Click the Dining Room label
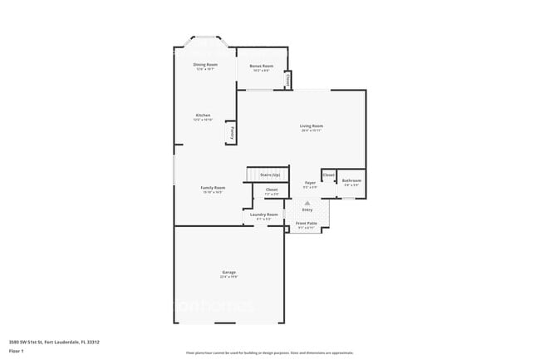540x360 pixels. click(x=205, y=64)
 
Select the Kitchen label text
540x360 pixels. click(x=203, y=115)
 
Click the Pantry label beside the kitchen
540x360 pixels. click(x=230, y=131)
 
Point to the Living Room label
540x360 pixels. click(x=312, y=126)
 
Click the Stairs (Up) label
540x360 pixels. click(x=270, y=175)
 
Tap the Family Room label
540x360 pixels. click(x=213, y=188)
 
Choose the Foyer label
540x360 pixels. click(x=310, y=182)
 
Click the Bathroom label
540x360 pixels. click(x=351, y=180)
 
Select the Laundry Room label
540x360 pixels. click(x=263, y=215)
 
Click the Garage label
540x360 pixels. click(x=228, y=274)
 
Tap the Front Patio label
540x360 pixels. click(x=307, y=224)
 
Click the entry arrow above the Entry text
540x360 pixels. click(x=307, y=202)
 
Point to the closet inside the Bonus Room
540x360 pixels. click(x=287, y=79)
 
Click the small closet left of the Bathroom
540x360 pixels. click(x=328, y=175)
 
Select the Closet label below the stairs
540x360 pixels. click(x=272, y=190)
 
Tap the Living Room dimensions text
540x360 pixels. click(x=312, y=131)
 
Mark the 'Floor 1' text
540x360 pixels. click(x=16, y=351)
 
